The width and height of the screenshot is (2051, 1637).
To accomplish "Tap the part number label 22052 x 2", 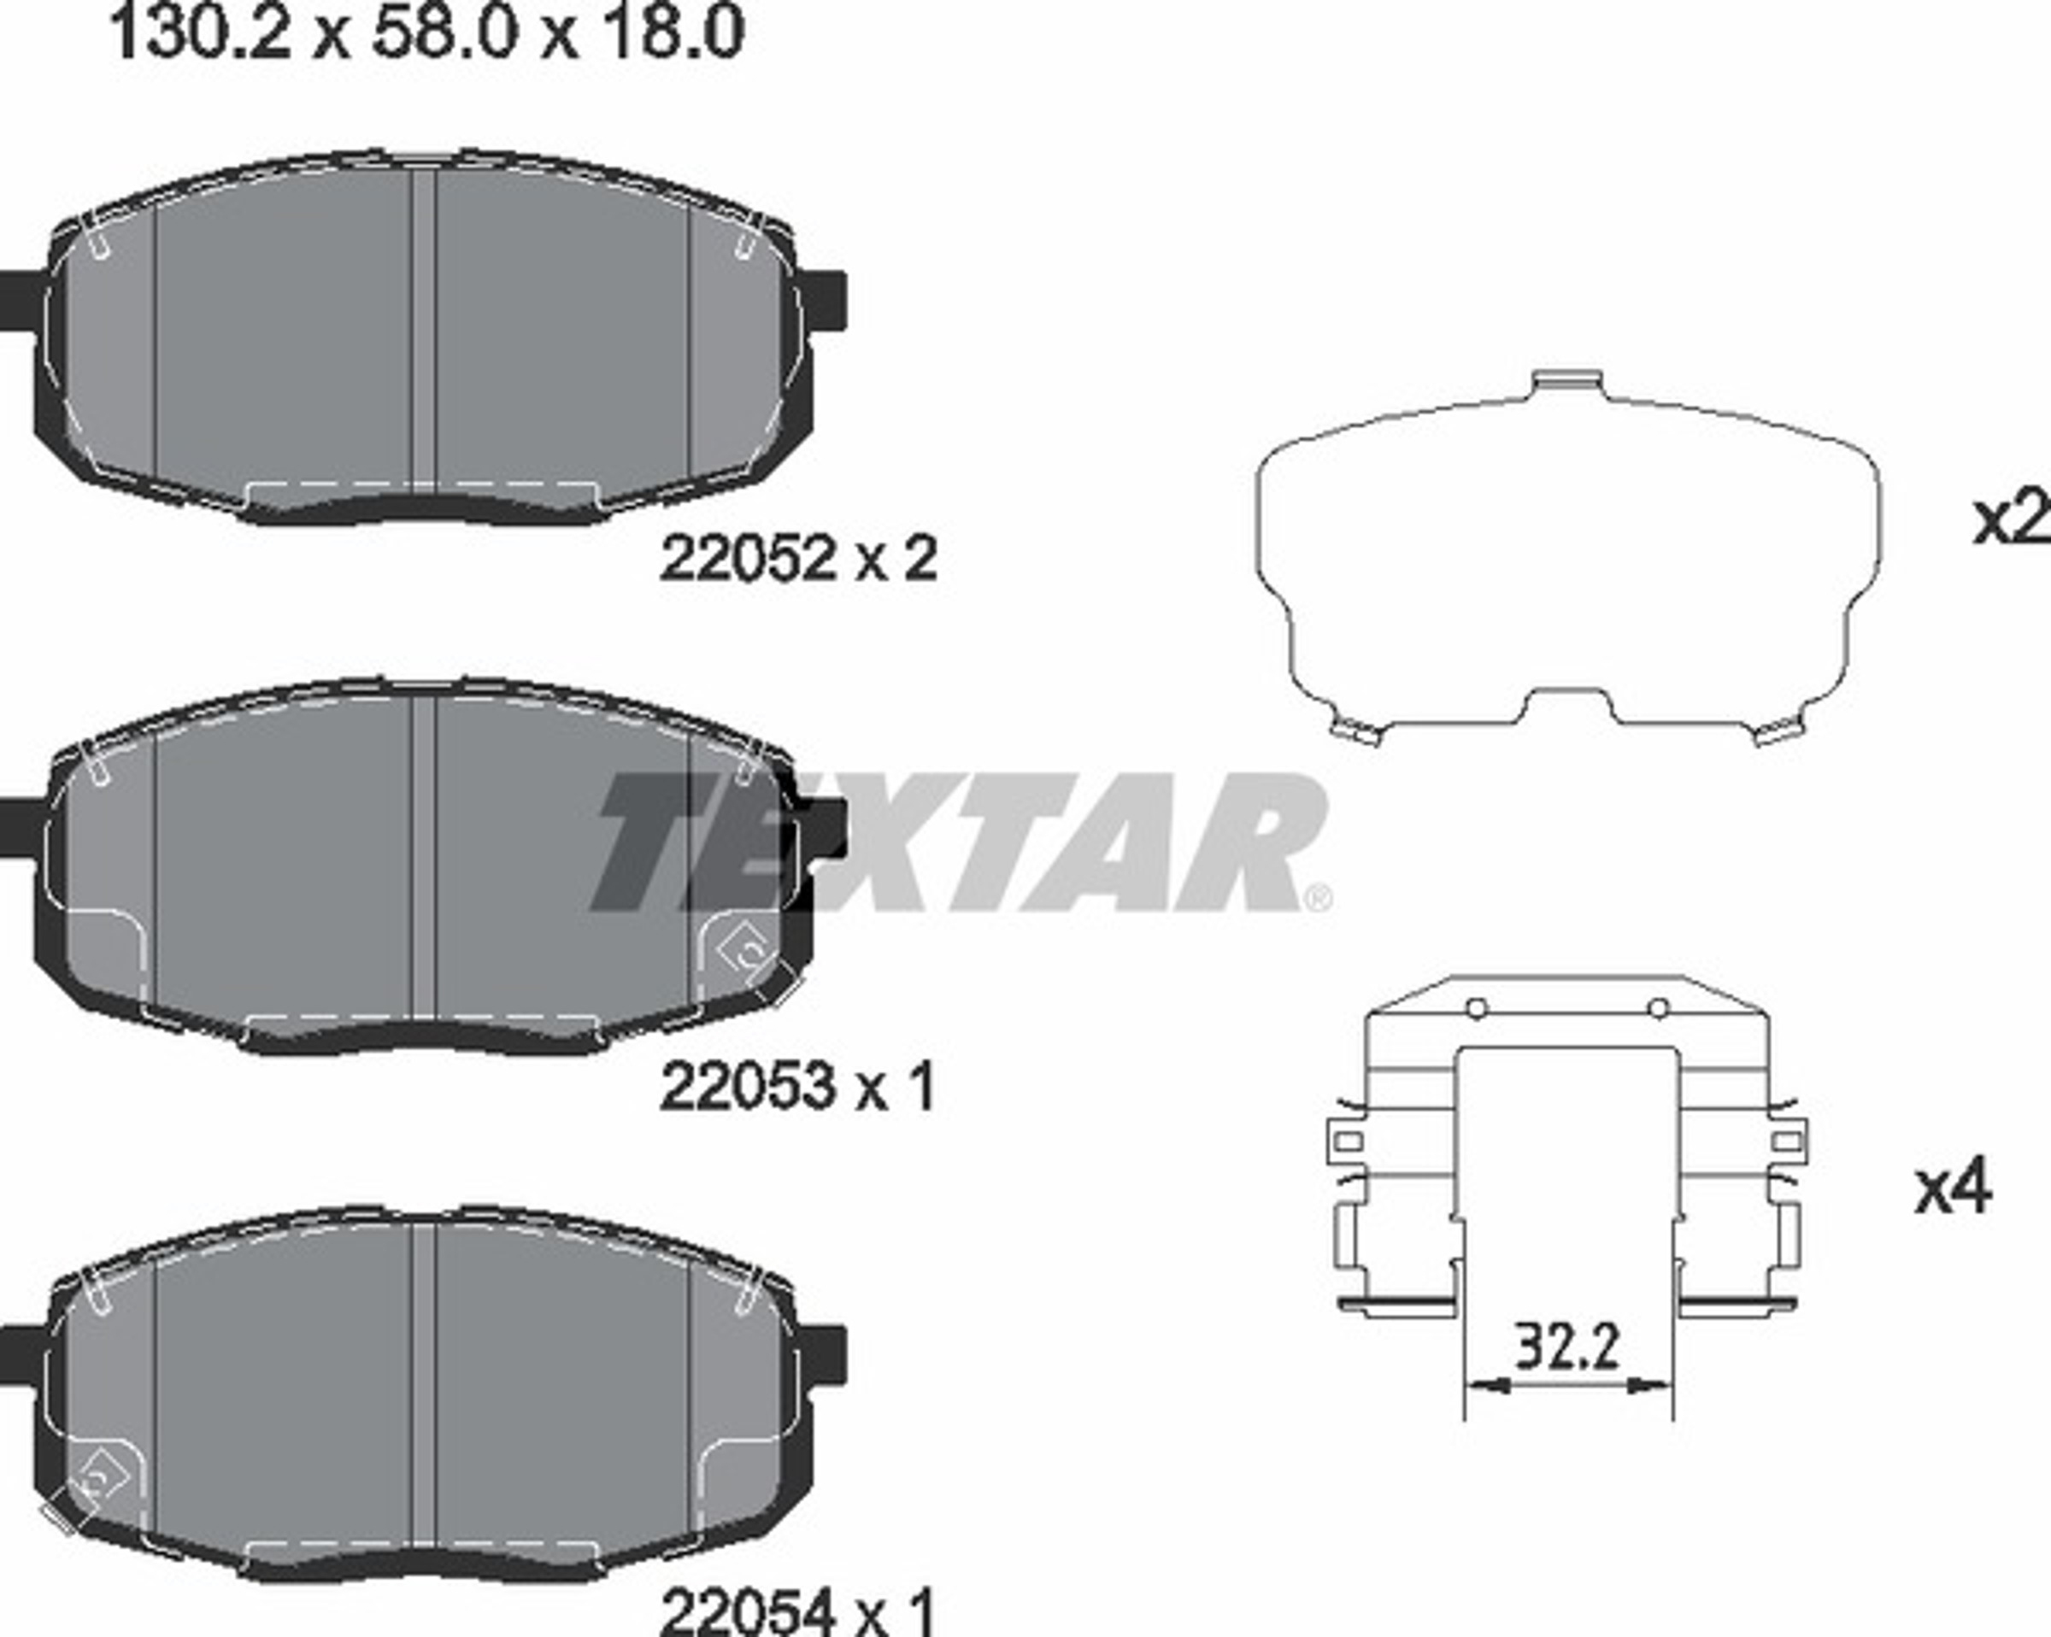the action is coord(798,559).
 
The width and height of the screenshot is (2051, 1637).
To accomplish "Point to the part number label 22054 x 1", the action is coord(797,1611).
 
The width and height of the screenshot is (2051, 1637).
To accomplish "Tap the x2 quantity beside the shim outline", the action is coord(2010,519).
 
